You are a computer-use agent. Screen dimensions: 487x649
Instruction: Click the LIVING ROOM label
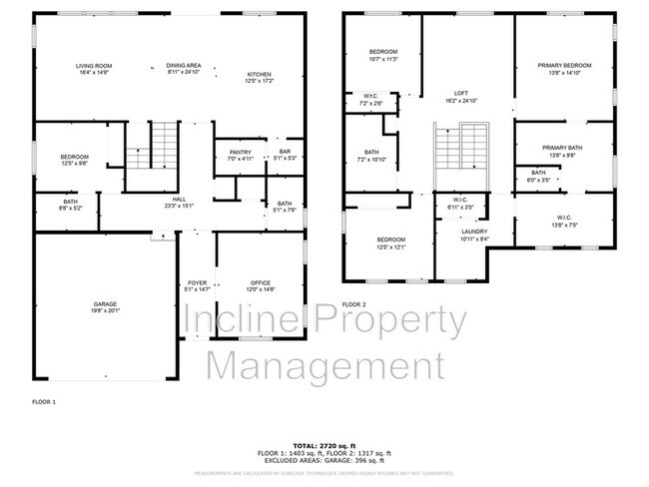[93, 66]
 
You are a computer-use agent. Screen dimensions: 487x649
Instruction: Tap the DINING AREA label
[183, 66]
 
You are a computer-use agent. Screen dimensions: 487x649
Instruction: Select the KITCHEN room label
[260, 75]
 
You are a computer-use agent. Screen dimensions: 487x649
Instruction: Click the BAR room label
[285, 152]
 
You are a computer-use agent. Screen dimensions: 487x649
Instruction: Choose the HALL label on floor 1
[181, 199]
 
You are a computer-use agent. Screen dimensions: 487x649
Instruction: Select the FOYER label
[198, 283]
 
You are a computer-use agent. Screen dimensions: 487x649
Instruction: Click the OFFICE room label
[261, 283]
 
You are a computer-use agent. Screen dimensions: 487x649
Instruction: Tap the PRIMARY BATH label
[563, 149]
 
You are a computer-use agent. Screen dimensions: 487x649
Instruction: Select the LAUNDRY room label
[459, 234]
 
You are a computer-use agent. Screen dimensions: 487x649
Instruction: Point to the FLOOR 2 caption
[354, 303]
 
